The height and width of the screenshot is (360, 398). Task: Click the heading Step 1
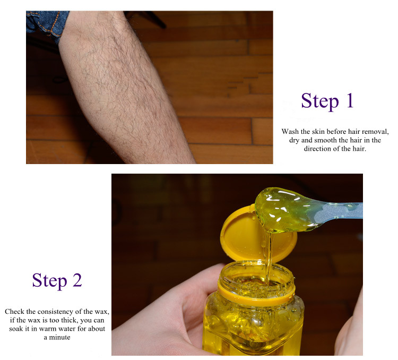tap(327, 101)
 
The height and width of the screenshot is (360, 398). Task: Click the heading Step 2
tap(57, 280)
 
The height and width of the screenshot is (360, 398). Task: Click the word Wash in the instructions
tap(292, 131)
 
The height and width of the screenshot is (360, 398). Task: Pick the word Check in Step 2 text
tap(15, 311)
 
